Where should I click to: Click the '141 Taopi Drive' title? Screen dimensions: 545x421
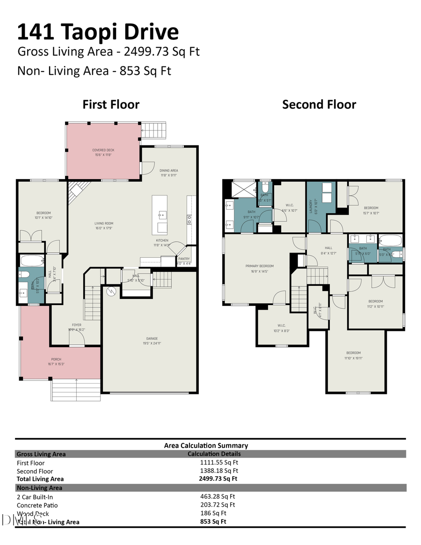98,32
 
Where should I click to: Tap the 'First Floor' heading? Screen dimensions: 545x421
111,104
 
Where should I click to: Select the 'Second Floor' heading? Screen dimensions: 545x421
319,104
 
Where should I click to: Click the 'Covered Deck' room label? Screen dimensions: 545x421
103,150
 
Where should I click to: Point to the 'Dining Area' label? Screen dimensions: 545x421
169,170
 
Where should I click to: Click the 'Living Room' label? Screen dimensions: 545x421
104,224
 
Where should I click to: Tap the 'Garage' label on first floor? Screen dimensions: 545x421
152,338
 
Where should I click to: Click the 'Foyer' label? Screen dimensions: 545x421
77,325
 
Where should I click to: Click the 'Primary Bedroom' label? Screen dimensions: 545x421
260,266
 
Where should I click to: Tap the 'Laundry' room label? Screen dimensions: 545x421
311,206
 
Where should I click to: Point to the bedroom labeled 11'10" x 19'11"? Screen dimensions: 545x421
354,353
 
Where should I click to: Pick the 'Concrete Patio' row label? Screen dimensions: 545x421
37,505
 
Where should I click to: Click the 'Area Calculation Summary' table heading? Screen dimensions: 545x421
206,445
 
